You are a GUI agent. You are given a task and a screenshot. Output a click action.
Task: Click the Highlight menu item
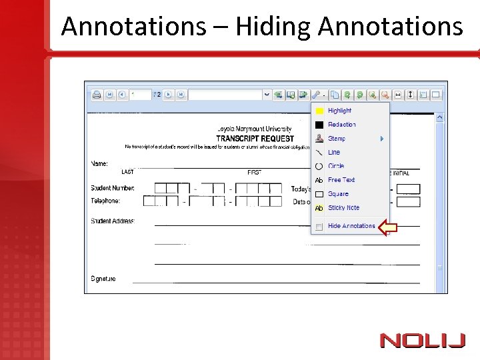click(339, 111)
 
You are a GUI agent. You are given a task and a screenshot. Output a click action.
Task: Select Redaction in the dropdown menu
click(341, 125)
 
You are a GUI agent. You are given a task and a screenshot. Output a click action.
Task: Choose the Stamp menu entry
click(337, 139)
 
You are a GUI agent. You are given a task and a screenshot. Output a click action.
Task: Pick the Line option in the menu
click(334, 152)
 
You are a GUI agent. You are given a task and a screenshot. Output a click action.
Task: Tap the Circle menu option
click(336, 166)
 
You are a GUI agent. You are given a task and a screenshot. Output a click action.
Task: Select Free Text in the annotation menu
click(341, 180)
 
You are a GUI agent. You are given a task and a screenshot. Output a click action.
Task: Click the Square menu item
click(338, 194)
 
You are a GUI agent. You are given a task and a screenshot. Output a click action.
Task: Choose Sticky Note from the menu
click(343, 208)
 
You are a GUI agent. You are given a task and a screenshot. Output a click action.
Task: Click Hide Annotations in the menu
click(351, 226)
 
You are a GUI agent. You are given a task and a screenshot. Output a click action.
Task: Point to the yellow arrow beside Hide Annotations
click(388, 227)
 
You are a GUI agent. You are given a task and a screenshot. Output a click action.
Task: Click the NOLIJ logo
click(422, 341)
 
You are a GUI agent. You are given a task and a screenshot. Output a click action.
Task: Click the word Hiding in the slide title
click(273, 27)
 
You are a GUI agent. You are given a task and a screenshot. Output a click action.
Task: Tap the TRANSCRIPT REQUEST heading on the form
click(255, 138)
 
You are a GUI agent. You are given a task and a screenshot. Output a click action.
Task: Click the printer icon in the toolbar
click(96, 95)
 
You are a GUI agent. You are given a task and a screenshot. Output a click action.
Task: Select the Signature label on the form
click(103, 279)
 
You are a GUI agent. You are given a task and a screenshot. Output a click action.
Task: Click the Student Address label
click(113, 221)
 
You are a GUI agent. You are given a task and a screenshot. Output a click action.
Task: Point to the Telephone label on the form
click(105, 201)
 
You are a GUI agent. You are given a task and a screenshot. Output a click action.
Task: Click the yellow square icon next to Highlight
click(319, 111)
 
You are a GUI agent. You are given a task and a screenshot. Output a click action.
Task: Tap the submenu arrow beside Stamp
click(382, 139)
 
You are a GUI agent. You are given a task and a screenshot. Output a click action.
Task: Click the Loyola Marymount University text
click(254, 129)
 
